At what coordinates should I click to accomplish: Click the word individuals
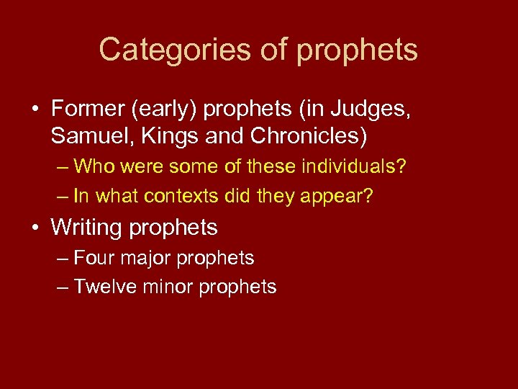click(351, 167)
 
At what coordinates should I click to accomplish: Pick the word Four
click(92, 258)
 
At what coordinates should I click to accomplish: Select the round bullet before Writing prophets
click(35, 228)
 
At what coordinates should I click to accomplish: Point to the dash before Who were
click(62, 167)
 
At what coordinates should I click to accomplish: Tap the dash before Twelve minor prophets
click(62, 287)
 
